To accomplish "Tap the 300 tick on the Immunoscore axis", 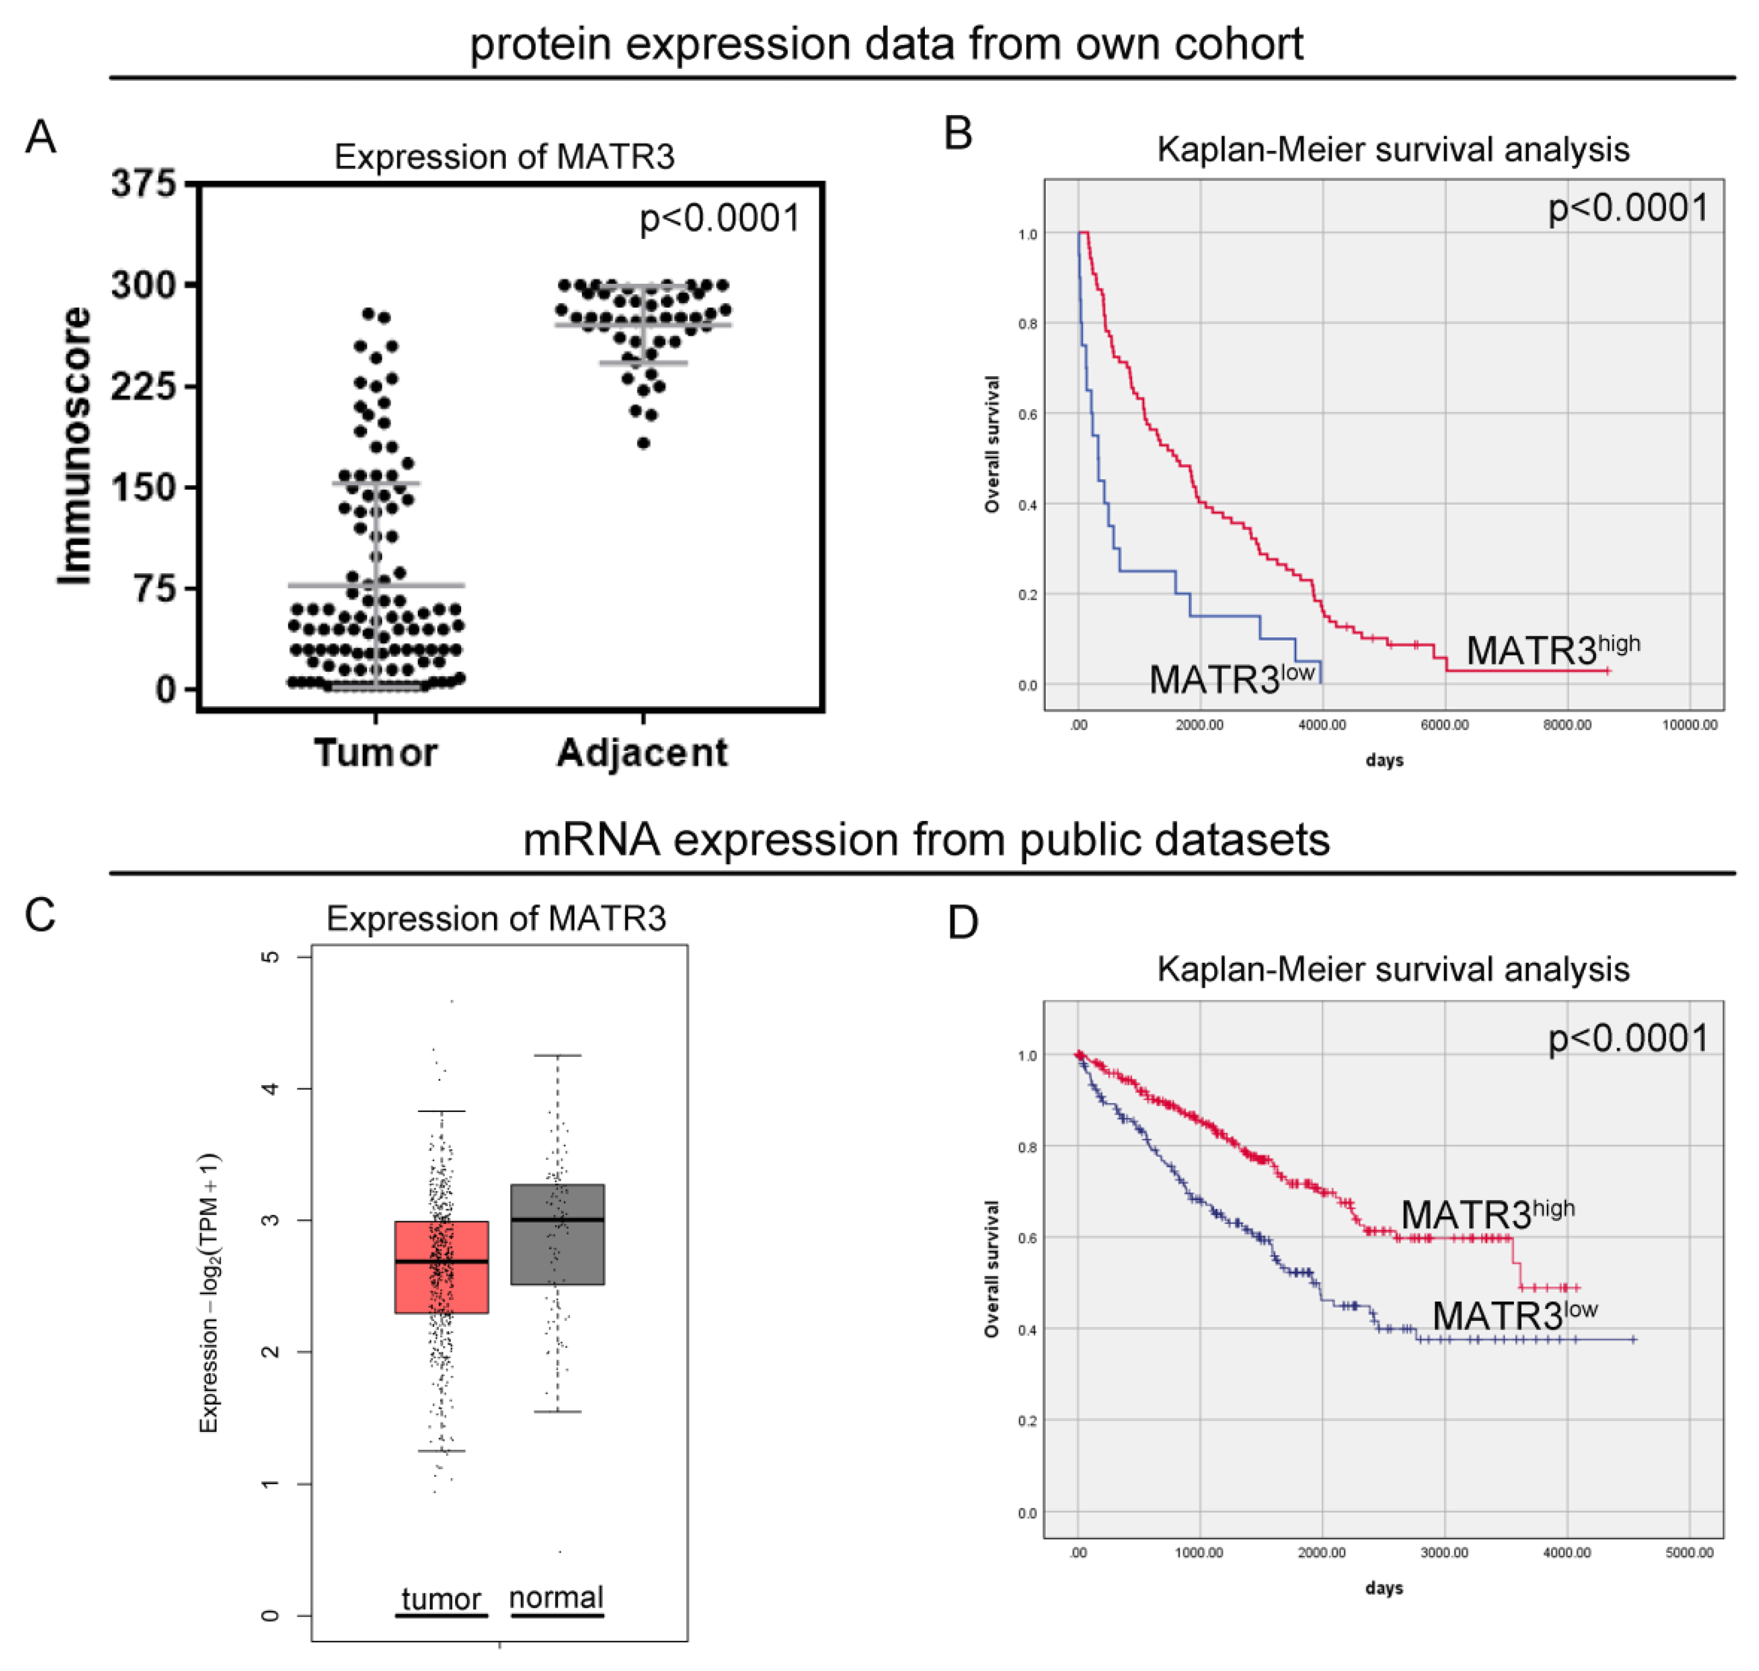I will (143, 285).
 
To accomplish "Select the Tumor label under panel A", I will (375, 753).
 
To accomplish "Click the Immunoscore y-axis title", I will (75, 445).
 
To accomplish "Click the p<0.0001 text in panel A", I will (720, 218).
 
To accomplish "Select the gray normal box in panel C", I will (557, 1233).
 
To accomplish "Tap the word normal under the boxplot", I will (556, 1597).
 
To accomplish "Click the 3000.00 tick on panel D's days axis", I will (1444, 1552).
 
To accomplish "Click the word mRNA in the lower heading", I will (591, 839).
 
